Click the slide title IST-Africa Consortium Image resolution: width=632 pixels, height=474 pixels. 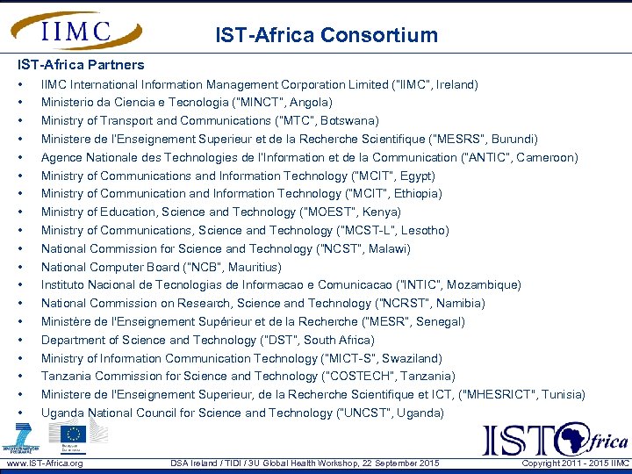[x=327, y=36]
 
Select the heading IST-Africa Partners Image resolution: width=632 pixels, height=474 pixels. [x=81, y=65]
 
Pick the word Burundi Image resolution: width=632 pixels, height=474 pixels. [x=513, y=140]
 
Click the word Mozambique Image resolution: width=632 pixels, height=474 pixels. [x=482, y=285]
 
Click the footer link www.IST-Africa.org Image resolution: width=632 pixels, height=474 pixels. [x=44, y=463]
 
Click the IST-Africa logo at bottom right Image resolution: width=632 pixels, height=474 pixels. [x=555, y=438]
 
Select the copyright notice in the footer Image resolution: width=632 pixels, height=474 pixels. [x=575, y=463]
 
